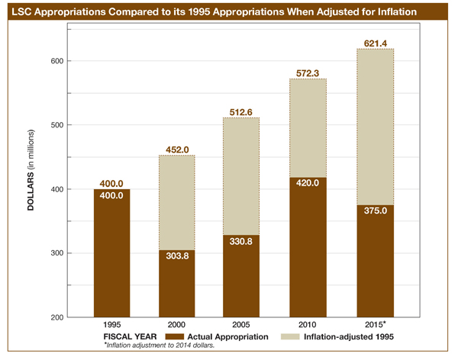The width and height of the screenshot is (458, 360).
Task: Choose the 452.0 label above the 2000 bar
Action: (177, 149)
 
